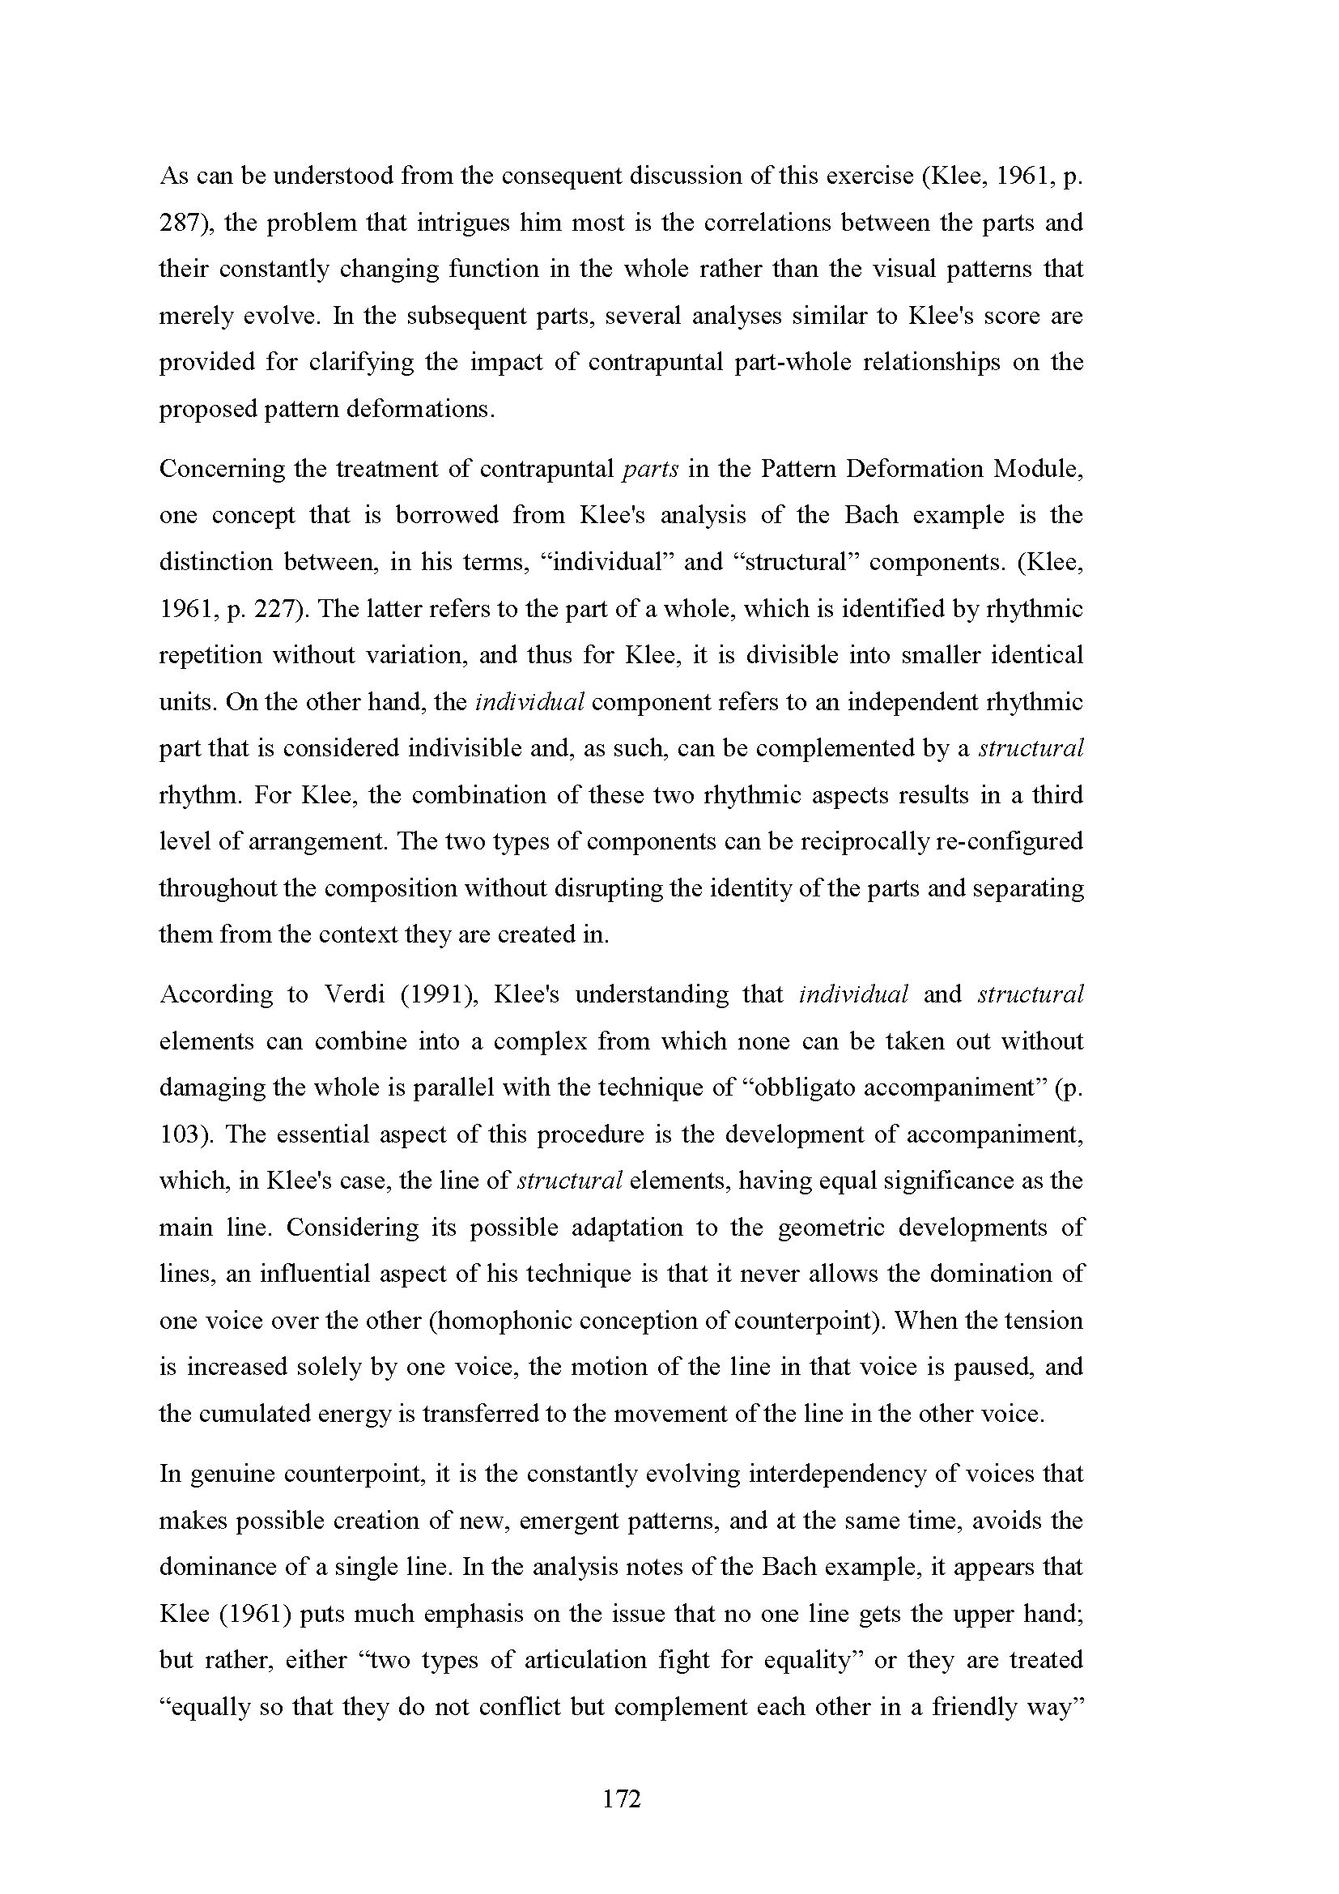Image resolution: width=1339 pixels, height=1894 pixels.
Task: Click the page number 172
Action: point(622,1799)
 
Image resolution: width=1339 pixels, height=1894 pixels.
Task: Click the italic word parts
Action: point(651,469)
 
